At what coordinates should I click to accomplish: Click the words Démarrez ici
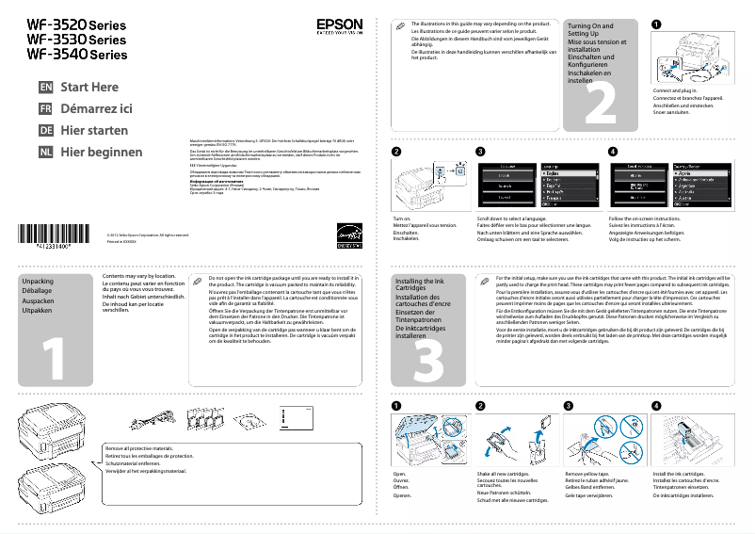[x=96, y=109]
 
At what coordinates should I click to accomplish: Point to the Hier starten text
[x=94, y=131]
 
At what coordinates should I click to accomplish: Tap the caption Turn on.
[x=402, y=218]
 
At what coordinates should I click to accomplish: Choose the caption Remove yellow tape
[x=590, y=473]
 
